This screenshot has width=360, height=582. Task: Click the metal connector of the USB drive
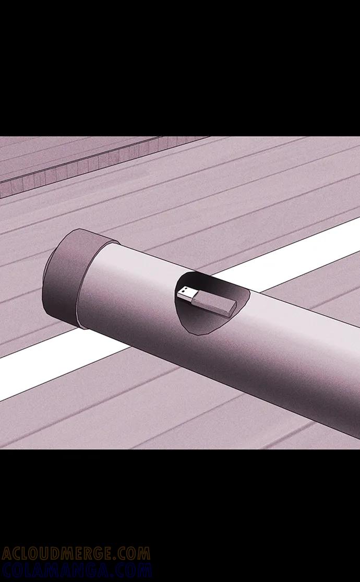click(185, 293)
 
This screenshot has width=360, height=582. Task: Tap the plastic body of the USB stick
click(213, 303)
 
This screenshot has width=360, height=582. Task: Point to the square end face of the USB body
click(231, 310)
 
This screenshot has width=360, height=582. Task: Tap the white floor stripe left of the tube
click(56, 365)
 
